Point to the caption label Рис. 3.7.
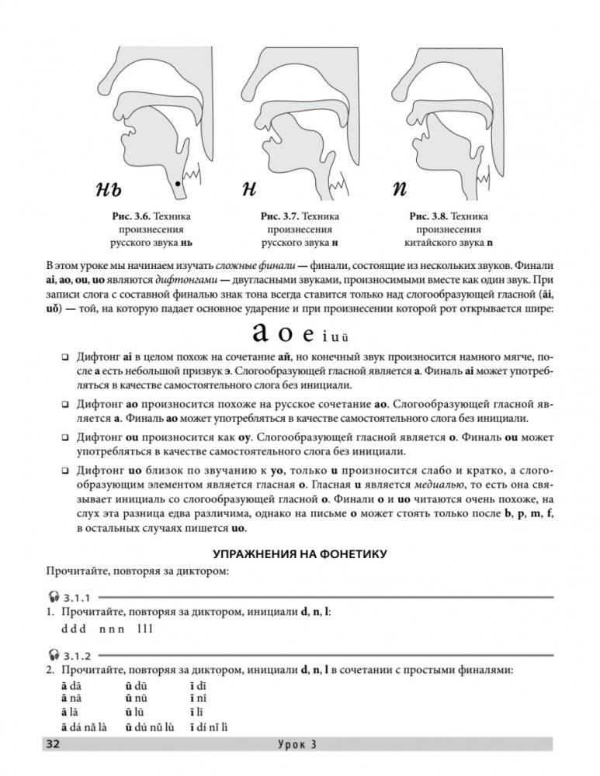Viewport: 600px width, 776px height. [279, 216]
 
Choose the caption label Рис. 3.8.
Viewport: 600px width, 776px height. [427, 216]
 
